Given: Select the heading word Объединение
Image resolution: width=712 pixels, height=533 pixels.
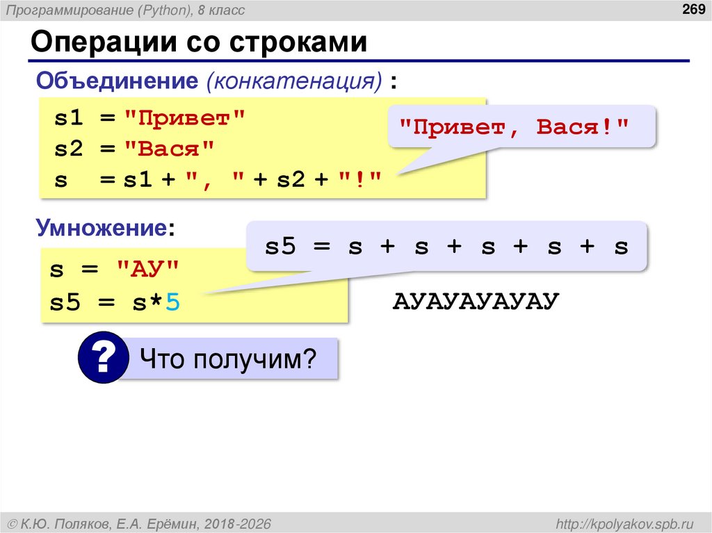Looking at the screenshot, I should pos(118,81).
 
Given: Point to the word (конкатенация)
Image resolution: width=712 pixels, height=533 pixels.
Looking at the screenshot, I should pos(293,81).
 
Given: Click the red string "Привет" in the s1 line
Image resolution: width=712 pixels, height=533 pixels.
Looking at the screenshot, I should pos(185,118).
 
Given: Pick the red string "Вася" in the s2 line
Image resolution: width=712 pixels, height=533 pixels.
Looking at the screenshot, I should pos(170,149).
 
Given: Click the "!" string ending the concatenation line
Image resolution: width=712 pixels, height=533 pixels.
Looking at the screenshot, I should pos(361,180).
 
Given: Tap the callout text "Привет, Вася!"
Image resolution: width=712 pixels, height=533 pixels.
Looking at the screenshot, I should pos(514,128).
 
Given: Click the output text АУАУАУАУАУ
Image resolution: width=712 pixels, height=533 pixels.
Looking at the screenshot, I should pos(476,302).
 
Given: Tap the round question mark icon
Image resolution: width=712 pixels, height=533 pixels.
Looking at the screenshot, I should pos(103,359).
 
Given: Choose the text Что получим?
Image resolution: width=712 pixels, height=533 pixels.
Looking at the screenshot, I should pos(227,359).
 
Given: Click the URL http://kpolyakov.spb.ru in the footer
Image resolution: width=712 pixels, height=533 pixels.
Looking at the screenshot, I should pos(620,523).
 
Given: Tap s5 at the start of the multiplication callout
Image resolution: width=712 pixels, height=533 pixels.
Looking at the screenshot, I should pos(280,247).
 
